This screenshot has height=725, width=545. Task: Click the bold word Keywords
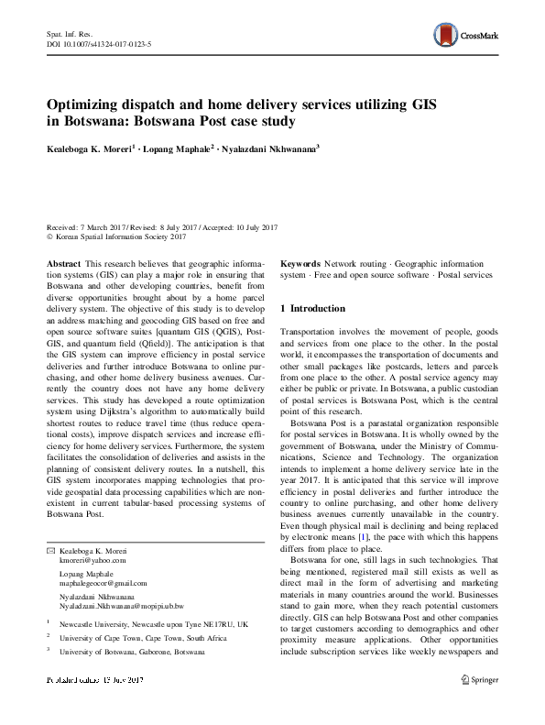[300, 263]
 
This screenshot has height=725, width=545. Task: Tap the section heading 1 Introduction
[311, 309]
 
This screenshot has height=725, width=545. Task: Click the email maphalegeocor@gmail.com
[104, 583]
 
